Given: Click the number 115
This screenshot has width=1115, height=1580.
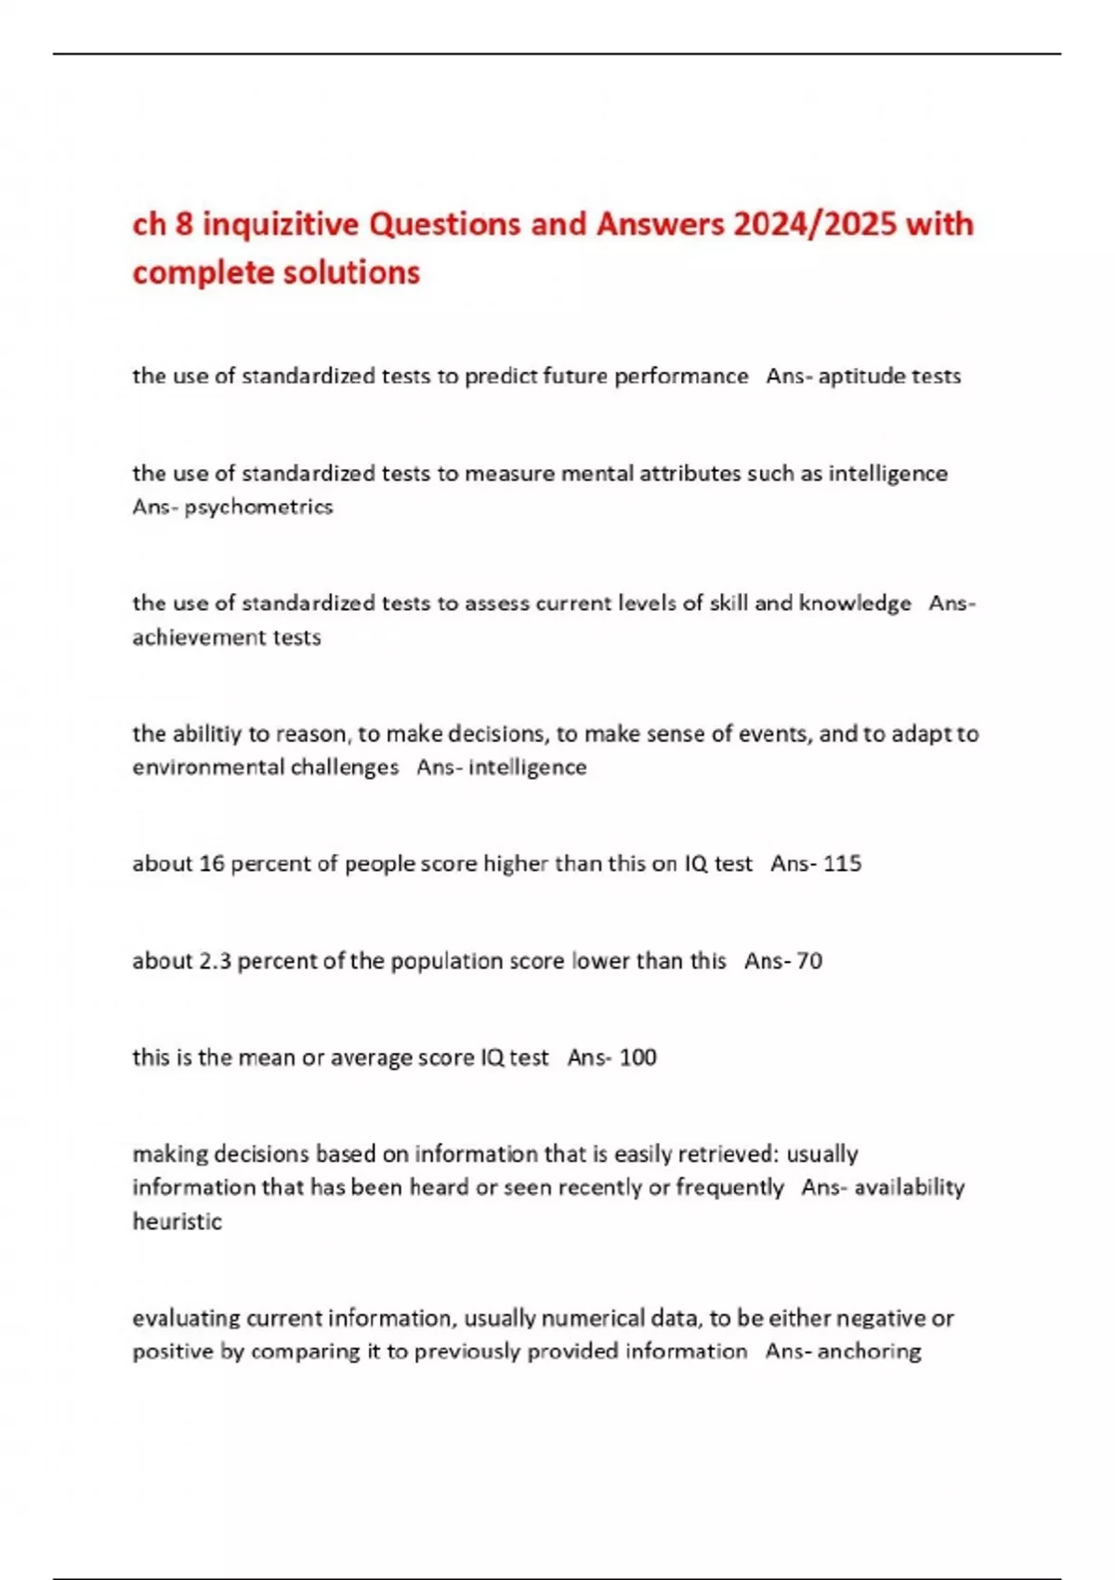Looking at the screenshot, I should pos(842,864).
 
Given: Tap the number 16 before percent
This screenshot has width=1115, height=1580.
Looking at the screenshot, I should pos(212,864).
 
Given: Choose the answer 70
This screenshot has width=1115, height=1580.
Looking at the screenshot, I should pos(809,961).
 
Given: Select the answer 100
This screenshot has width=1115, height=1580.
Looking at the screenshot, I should pos(637,1058).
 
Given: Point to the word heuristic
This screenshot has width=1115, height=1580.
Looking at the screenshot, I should pos(177,1221).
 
